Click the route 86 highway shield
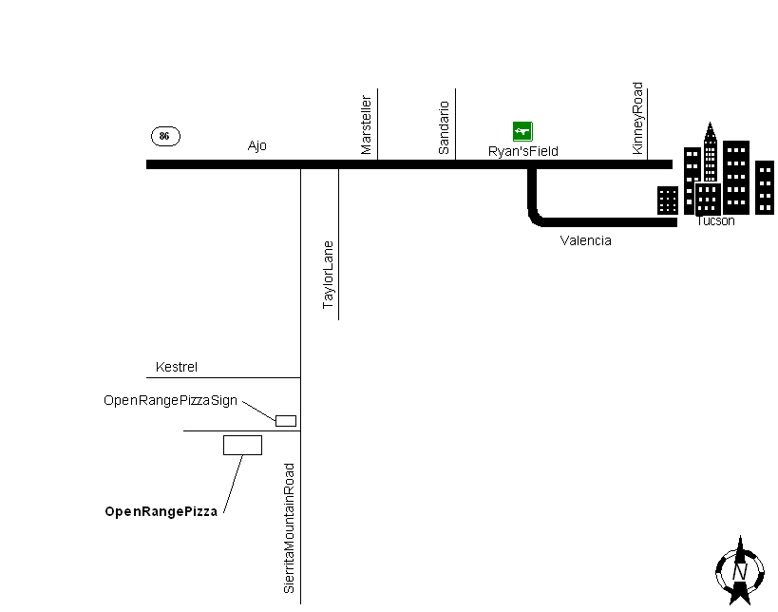tap(165, 136)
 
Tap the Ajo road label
tap(256, 145)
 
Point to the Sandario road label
tap(444, 127)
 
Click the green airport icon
tap(522, 131)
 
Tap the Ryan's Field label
tap(522, 151)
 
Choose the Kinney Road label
tap(637, 118)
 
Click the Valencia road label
tap(586, 240)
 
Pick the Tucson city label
tap(715, 221)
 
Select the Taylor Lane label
tap(329, 275)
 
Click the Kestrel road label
tap(177, 367)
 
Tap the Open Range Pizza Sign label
tap(170, 400)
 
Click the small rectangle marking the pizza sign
tap(285, 420)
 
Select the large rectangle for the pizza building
tap(242, 445)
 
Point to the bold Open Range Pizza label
tap(161, 511)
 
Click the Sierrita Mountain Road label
tap(290, 528)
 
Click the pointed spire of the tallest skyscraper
tap(709, 130)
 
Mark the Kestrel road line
tap(228, 377)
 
